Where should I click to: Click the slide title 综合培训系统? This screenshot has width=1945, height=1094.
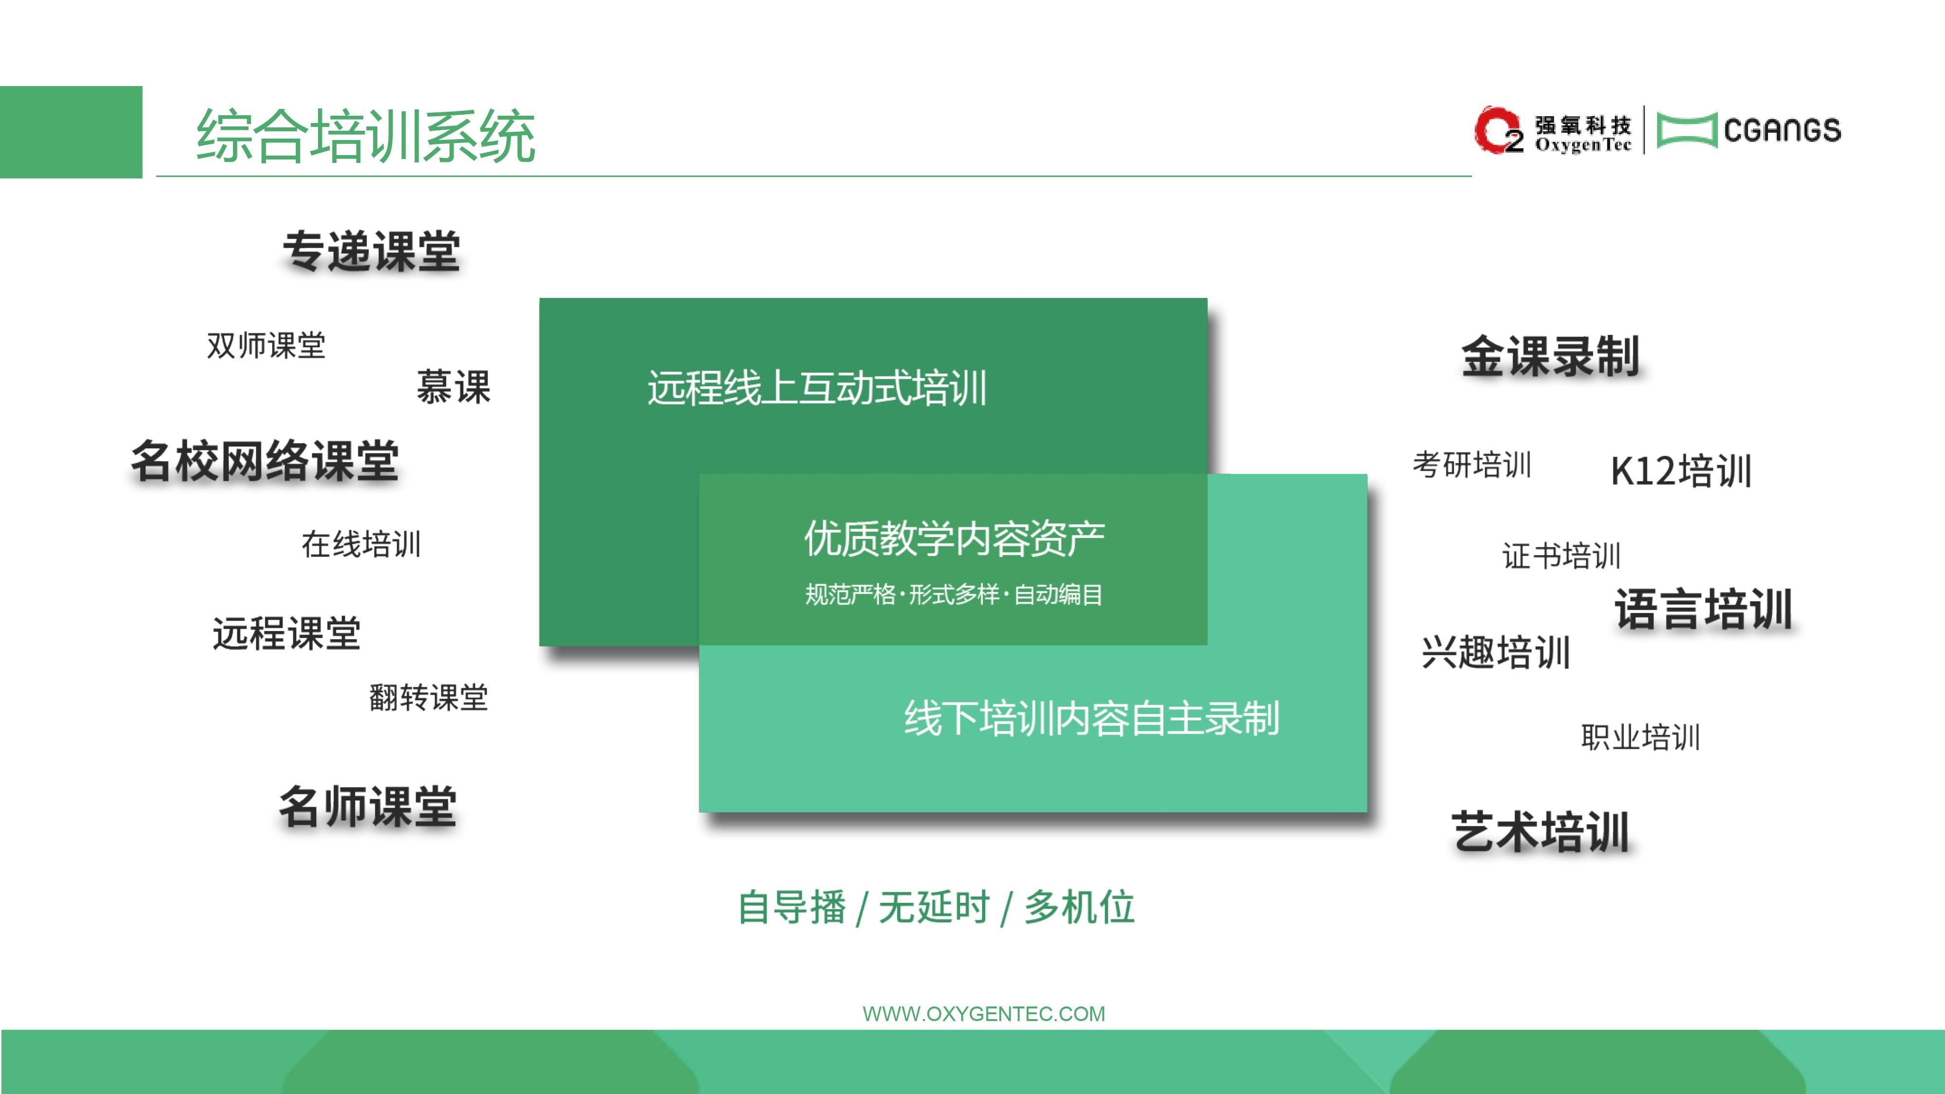(x=366, y=136)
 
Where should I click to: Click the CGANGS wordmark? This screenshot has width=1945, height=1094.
(x=1782, y=130)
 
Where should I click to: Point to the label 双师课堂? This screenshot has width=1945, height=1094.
(x=266, y=346)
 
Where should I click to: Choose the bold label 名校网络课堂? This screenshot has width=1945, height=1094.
(x=264, y=460)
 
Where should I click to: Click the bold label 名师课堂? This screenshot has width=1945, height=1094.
(x=368, y=806)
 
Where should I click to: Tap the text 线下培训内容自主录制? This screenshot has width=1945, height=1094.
(x=1092, y=718)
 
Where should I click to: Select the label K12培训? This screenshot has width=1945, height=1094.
(x=1681, y=471)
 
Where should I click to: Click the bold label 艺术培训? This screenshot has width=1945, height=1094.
(x=1540, y=832)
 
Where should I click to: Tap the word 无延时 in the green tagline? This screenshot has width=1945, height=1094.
(x=934, y=907)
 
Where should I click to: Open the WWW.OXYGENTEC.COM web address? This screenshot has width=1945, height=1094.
(x=984, y=1014)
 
